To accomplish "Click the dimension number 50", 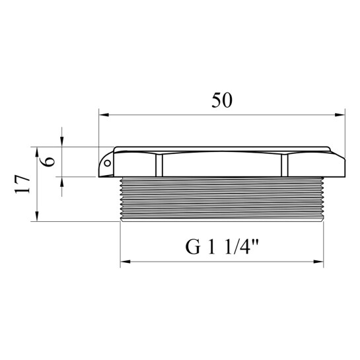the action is [x=222, y=100].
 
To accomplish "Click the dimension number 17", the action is [x=22, y=184].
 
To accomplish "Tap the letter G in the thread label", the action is [x=193, y=247].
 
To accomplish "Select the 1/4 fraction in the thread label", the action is [x=237, y=247].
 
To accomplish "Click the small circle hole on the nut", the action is [x=107, y=163].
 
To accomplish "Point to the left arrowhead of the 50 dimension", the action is [x=104, y=114].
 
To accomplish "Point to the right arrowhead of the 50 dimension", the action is [x=340, y=114].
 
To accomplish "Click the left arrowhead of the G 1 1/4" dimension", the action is [x=126, y=262].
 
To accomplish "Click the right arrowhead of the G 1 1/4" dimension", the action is [x=318, y=262].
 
